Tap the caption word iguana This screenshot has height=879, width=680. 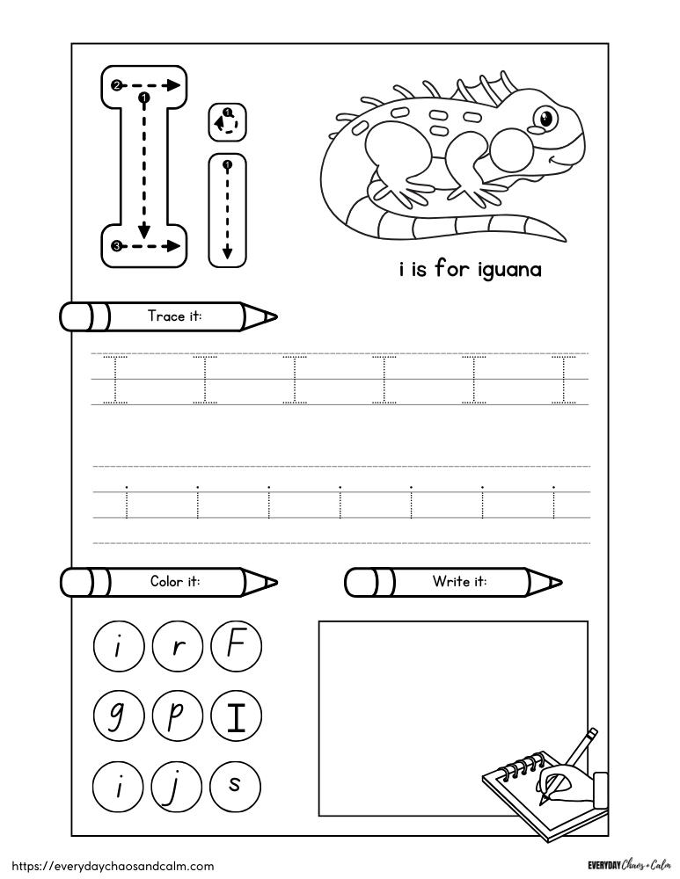(x=509, y=270)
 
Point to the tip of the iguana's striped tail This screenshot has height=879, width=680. (x=563, y=239)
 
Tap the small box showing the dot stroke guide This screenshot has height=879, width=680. (x=228, y=122)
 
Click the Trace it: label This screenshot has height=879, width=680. (x=174, y=316)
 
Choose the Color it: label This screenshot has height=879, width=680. (x=175, y=582)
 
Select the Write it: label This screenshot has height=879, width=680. (x=459, y=582)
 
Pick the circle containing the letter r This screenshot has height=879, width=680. (x=177, y=650)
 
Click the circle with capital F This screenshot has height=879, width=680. (x=235, y=650)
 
